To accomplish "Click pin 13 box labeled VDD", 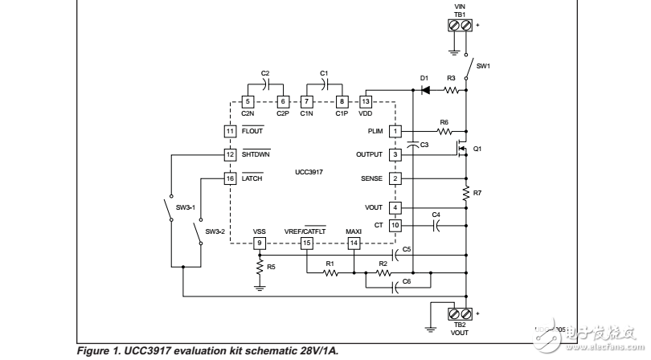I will (x=366, y=101).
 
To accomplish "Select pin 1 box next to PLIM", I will (x=395, y=131).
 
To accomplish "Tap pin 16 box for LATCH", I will (x=230, y=178).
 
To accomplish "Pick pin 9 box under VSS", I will (x=260, y=243).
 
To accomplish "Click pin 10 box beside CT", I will (x=395, y=226).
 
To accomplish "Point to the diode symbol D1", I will (x=424, y=90).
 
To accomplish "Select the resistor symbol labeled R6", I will (x=444, y=131).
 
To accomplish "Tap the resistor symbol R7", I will (x=465, y=193).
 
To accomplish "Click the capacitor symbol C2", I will (x=265, y=84).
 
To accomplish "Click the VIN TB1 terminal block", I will (x=459, y=25).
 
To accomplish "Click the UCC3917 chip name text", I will (x=308, y=172).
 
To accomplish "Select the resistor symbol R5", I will (x=260, y=264).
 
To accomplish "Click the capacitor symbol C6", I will (x=394, y=284).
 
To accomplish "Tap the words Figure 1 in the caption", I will (x=99, y=351).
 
